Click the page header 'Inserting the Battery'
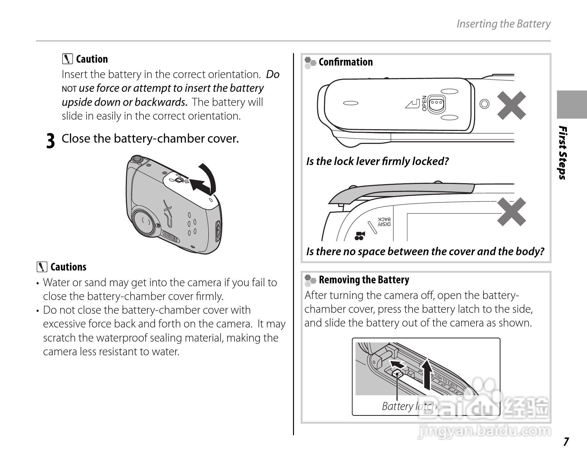tap(503, 24)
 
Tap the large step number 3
tap(50, 141)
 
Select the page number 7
tap(566, 442)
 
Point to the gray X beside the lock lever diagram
tap(511, 106)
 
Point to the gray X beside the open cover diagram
tap(511, 212)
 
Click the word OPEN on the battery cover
tap(424, 103)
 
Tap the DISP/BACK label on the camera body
tap(384, 222)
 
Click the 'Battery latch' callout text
tap(409, 406)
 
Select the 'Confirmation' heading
tap(345, 62)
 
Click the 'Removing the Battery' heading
tap(364, 280)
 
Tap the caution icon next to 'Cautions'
tap(42, 267)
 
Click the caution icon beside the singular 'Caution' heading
tap(67, 59)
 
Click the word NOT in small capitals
tap(69, 89)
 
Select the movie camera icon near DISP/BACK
tap(359, 236)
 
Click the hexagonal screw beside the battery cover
tap(485, 104)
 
